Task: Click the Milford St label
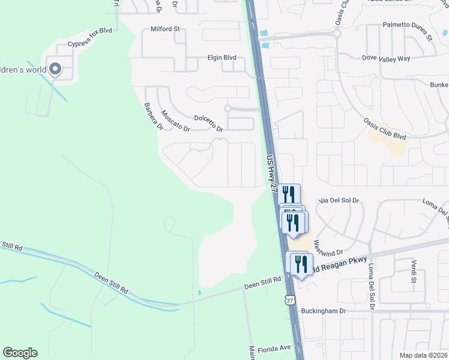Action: point(165,28)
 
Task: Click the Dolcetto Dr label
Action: point(208,124)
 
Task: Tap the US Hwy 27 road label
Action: point(271,172)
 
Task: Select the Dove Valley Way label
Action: point(386,58)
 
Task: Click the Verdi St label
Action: point(414,271)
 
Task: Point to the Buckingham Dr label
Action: point(324,311)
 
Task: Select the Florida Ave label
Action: point(274,347)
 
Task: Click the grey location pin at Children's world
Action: point(55,70)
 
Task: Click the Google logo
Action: point(20,353)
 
